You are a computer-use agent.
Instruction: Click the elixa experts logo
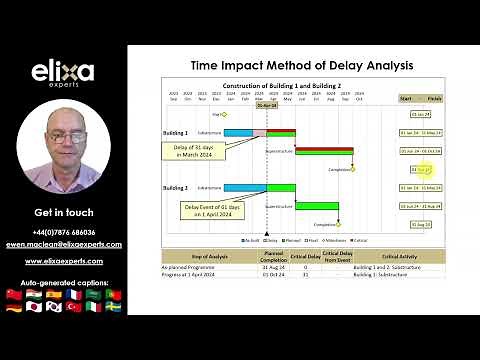(x=64, y=76)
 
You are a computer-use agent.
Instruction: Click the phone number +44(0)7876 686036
(x=64, y=231)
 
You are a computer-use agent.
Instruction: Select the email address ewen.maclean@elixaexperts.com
(x=64, y=243)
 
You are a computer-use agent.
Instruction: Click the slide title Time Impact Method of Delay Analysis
(x=301, y=65)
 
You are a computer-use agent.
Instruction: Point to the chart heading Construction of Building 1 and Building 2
(x=282, y=87)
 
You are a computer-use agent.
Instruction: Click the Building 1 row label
(x=175, y=132)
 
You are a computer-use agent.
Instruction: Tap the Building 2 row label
(x=175, y=187)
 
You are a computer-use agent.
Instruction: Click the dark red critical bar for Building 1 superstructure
(x=324, y=151)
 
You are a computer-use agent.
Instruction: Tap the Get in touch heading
(x=64, y=213)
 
